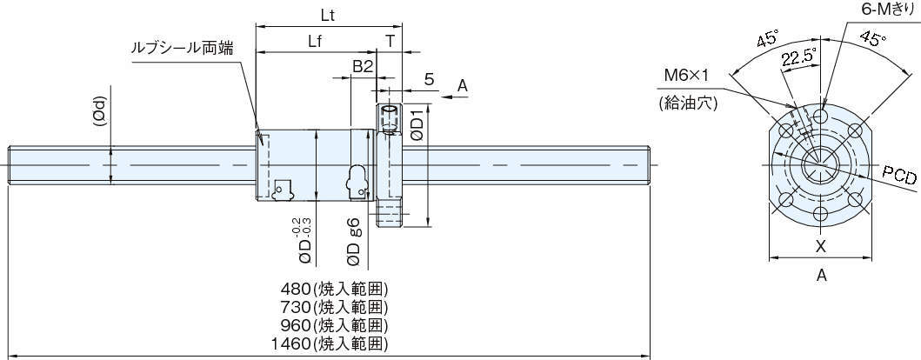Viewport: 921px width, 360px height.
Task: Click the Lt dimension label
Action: click(x=328, y=16)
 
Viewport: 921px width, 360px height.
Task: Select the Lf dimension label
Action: click(x=317, y=42)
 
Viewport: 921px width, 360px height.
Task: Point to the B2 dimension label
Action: click(x=363, y=66)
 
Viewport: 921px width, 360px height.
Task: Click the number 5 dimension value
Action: click(x=429, y=79)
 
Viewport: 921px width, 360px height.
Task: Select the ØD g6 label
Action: click(x=354, y=241)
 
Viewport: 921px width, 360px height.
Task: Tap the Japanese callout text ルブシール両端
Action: click(x=181, y=49)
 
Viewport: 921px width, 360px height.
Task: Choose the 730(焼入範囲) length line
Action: click(x=334, y=307)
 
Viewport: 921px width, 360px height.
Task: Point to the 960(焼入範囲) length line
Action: click(x=334, y=325)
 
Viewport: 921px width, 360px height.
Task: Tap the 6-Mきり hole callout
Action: click(x=884, y=9)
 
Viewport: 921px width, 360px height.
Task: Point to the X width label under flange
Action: click(x=820, y=246)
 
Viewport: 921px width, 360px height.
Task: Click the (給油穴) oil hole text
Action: click(x=687, y=103)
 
